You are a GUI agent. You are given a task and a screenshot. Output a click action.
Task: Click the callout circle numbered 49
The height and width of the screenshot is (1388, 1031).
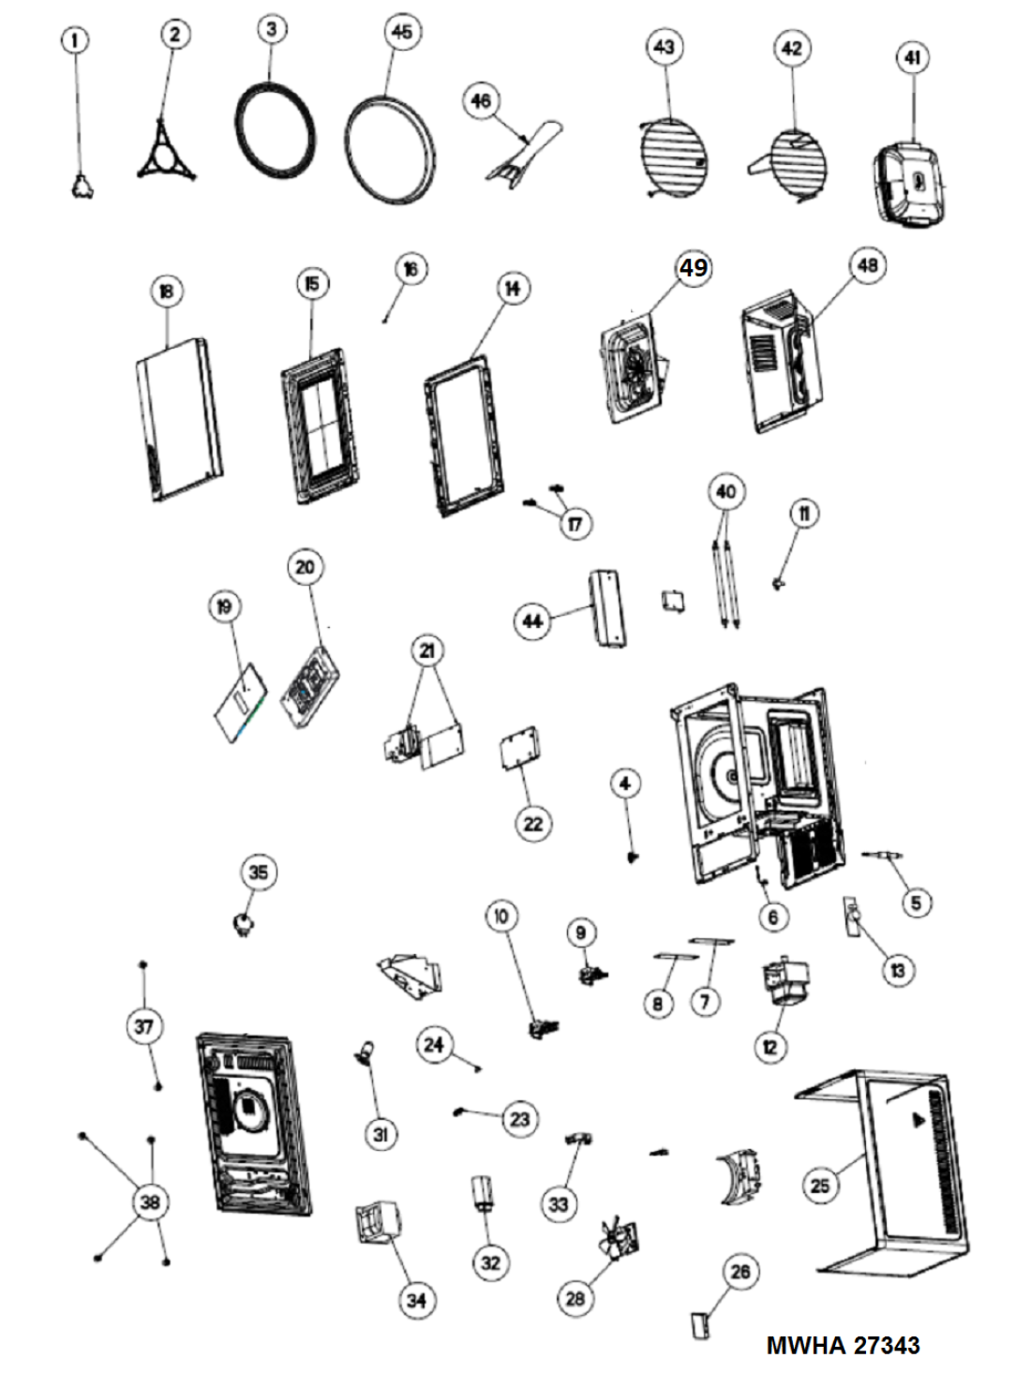click(x=693, y=268)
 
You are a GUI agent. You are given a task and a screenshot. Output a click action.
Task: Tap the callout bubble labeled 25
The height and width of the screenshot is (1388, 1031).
click(x=819, y=1186)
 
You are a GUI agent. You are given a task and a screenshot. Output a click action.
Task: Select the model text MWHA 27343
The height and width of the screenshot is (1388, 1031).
click(x=843, y=1345)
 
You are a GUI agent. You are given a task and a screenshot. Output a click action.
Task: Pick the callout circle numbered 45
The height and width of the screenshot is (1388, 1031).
click(x=401, y=32)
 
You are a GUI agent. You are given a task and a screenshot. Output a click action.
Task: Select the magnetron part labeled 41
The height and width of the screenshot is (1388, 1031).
click(x=908, y=185)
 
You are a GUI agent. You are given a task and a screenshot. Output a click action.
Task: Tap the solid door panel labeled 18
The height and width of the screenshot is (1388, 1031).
click(x=179, y=419)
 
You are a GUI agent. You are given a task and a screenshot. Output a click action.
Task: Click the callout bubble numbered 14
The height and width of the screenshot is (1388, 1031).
click(x=512, y=288)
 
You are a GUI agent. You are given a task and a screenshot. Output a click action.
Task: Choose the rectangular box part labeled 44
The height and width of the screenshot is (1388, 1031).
click(x=608, y=608)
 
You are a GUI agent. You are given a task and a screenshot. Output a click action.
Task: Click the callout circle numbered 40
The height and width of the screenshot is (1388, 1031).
click(x=725, y=491)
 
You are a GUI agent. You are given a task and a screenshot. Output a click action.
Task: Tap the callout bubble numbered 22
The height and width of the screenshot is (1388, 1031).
click(x=532, y=824)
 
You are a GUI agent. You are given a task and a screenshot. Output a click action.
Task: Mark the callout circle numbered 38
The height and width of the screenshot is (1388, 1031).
click(x=150, y=1201)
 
